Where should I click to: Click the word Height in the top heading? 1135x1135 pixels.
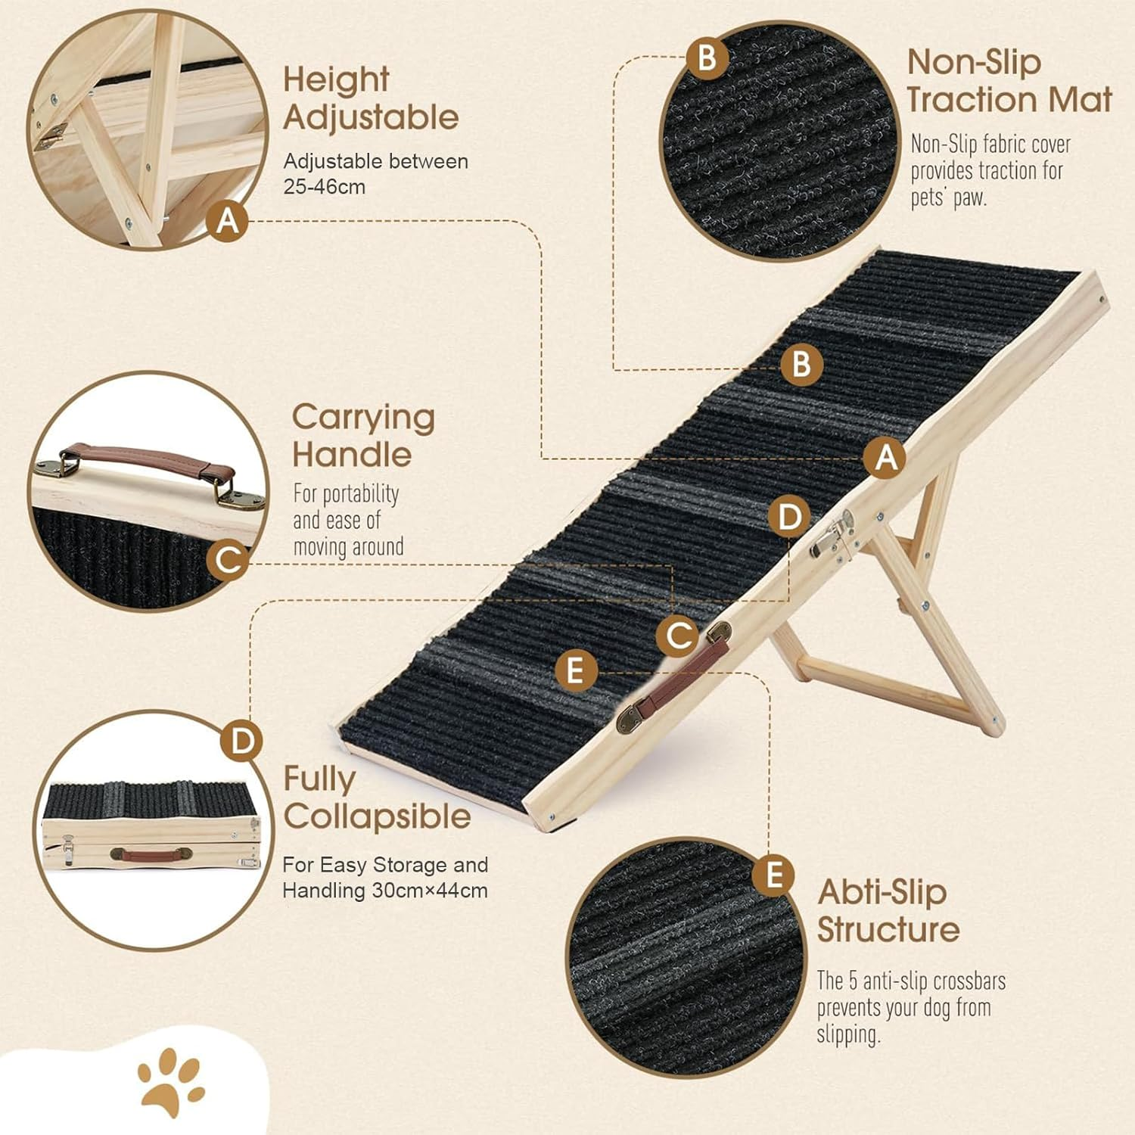[336, 80]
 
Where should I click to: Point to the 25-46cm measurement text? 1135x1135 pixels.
[324, 187]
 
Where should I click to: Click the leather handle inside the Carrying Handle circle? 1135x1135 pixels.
[147, 461]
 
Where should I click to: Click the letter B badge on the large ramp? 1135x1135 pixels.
[801, 365]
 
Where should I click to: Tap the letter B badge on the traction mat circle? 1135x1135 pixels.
[707, 58]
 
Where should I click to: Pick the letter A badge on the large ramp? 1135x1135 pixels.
[885, 458]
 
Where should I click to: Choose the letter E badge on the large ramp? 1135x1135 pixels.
[576, 671]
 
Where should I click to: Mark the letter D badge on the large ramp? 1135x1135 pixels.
[789, 518]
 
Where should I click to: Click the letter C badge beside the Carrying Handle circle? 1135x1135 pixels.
[228, 561]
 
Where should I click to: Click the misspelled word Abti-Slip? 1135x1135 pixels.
[882, 892]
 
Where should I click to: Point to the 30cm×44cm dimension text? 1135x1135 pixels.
[429, 891]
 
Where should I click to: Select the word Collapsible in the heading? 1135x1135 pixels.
[377, 816]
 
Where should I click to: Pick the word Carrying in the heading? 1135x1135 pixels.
[363, 417]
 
